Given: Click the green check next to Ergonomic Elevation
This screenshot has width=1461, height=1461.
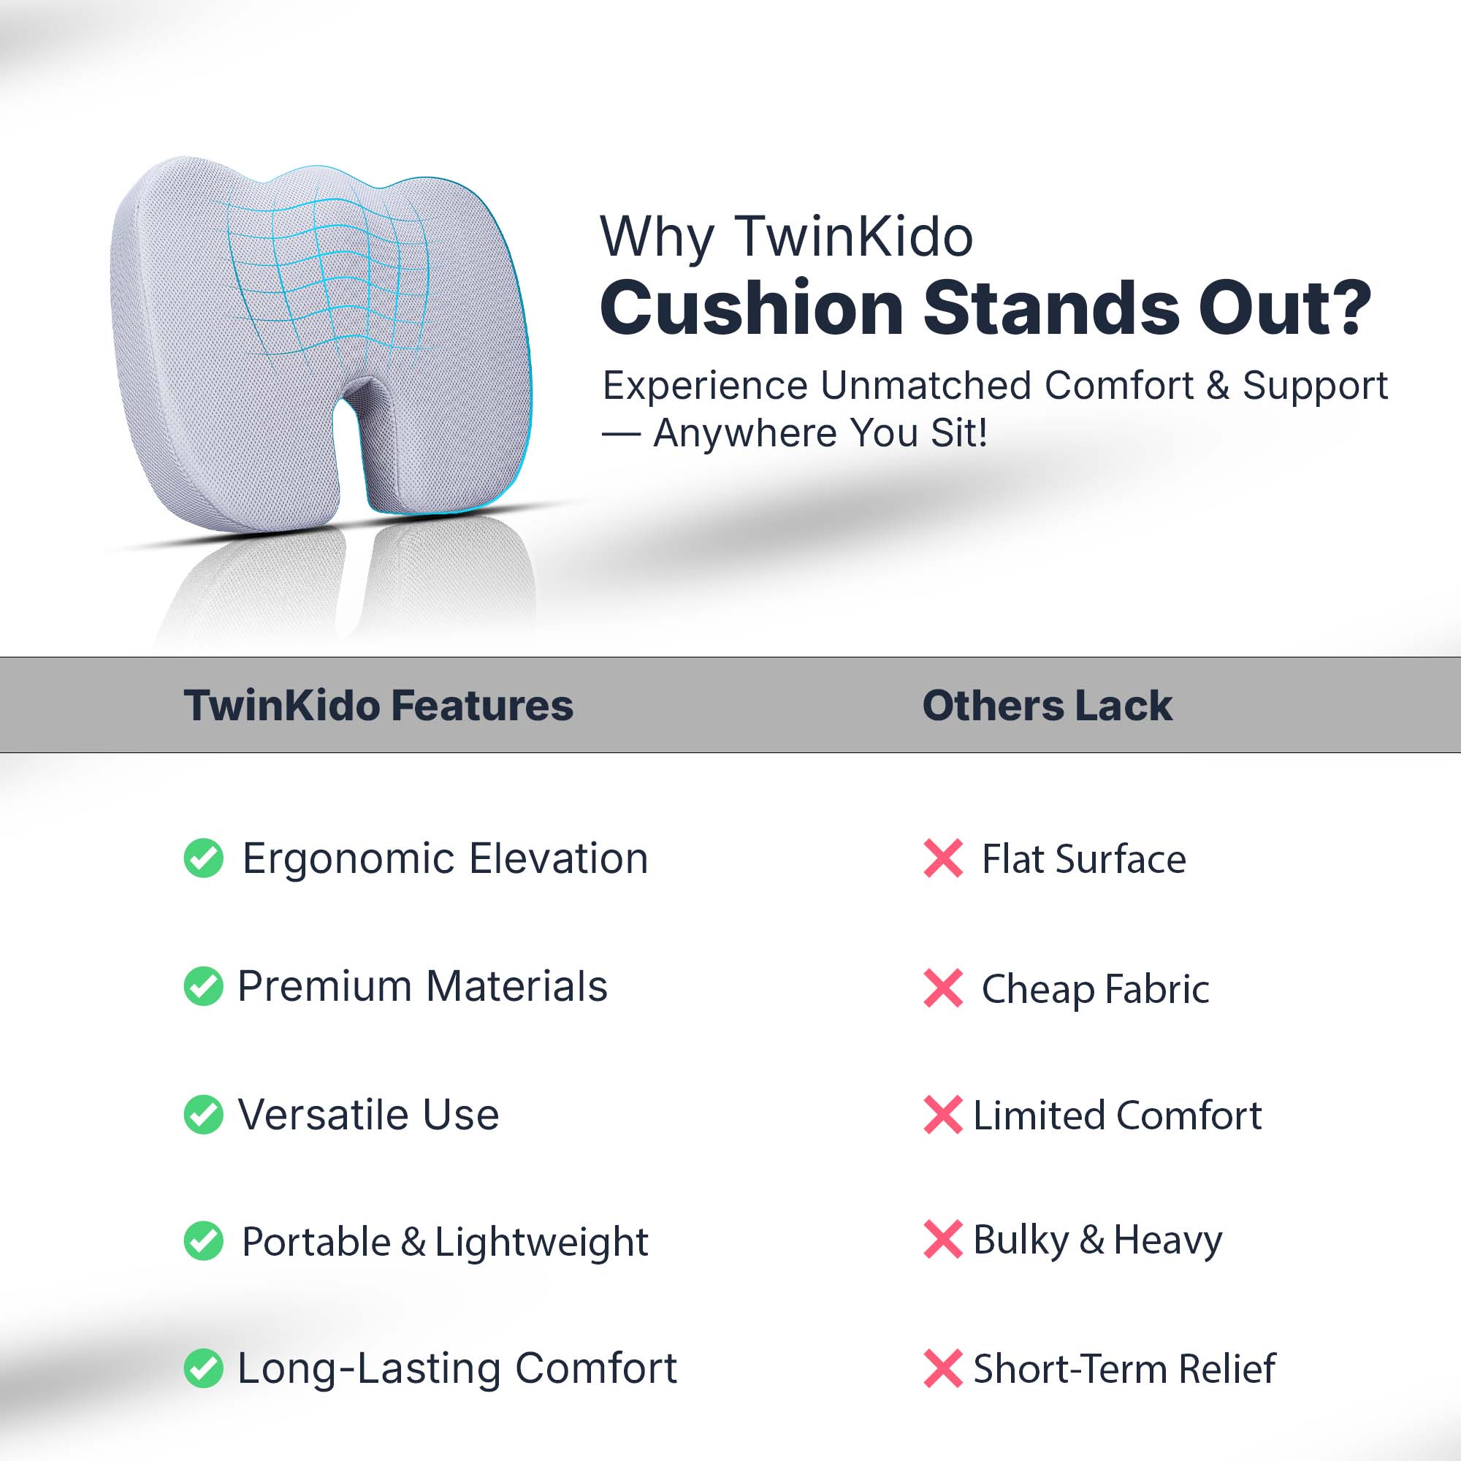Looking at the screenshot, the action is [x=203, y=858].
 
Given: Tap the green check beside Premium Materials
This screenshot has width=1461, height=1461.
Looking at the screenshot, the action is [x=203, y=986].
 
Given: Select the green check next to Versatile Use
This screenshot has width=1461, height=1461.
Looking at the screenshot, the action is [x=203, y=1115].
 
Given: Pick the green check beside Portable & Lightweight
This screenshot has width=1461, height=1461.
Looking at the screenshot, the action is [x=203, y=1241].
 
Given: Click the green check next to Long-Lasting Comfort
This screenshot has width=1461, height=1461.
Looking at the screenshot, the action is [x=203, y=1369].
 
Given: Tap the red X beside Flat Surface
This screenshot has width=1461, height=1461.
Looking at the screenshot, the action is [x=943, y=858].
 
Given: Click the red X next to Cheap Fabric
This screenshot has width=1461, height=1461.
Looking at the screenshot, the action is [x=943, y=988].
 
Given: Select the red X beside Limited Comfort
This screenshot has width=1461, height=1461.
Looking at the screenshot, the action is [x=943, y=1115].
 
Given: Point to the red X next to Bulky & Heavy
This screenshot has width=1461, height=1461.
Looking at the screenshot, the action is [x=943, y=1240].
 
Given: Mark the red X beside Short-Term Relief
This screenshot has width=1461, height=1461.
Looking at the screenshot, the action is [x=943, y=1369].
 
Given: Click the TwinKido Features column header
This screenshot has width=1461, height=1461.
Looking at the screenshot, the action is [x=378, y=706].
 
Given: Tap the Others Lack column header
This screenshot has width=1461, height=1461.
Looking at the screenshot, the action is [x=1048, y=706].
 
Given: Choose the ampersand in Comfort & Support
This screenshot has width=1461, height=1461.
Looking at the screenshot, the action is [x=1218, y=386].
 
